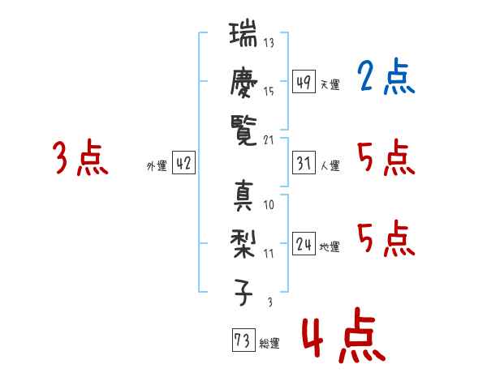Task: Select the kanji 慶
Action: (243, 82)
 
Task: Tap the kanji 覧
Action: (243, 131)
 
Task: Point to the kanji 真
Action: (243, 196)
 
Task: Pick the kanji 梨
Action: (243, 244)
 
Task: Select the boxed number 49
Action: (304, 82)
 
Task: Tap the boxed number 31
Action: (304, 163)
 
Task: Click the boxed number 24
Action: (304, 243)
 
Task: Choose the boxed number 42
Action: (183, 163)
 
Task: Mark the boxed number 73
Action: (243, 340)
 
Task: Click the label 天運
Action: (330, 84)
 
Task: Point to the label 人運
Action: (330, 165)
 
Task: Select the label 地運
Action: (330, 247)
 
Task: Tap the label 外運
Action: (157, 166)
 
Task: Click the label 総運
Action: (269, 344)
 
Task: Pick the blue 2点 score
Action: (386, 77)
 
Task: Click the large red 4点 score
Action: (343, 335)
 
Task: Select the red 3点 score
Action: (80, 157)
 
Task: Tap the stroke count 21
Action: (269, 140)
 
